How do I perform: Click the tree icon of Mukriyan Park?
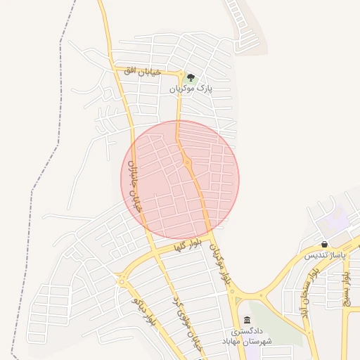click(191, 77)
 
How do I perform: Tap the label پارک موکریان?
click(191, 89)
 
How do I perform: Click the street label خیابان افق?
click(143, 71)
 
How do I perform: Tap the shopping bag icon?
click(324, 244)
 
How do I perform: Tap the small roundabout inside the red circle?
click(187, 163)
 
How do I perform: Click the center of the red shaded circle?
click(180, 180)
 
